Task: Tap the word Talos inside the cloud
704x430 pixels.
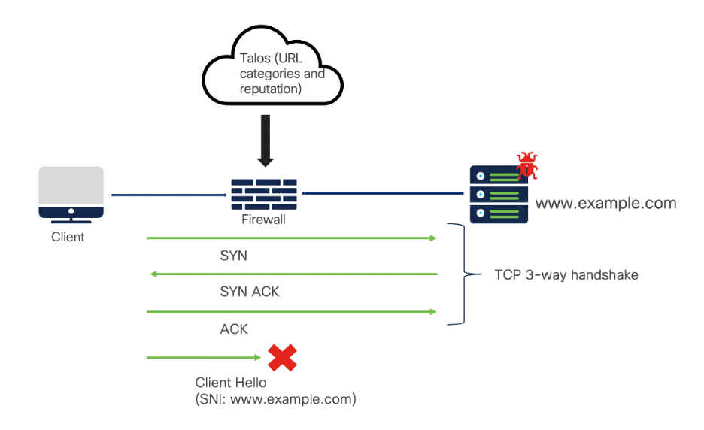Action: [x=255, y=59]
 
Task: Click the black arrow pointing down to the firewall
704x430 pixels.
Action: [x=266, y=141]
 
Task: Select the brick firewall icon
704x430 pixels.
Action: [x=264, y=195]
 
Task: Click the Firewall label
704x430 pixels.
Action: [x=263, y=220]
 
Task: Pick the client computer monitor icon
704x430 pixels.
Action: [x=71, y=195]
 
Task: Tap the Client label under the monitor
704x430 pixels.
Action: [x=68, y=237]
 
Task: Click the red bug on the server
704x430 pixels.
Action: [x=527, y=165]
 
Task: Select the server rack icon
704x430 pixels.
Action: [x=499, y=195]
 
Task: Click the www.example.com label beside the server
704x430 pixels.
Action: [x=605, y=203]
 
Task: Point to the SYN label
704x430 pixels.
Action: [x=233, y=256]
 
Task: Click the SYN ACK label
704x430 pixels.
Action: [x=250, y=292]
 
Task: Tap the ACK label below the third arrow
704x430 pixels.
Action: [x=234, y=329]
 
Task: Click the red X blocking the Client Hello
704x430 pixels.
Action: [x=282, y=358]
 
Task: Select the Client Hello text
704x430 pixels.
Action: [x=231, y=383]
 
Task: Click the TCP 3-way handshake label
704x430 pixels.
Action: [x=566, y=274]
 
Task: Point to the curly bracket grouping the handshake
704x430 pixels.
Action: [x=464, y=274]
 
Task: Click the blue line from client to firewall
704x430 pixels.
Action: [x=169, y=195]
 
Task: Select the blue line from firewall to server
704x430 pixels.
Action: [x=384, y=193]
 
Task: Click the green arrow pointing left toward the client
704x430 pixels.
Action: [x=293, y=274]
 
